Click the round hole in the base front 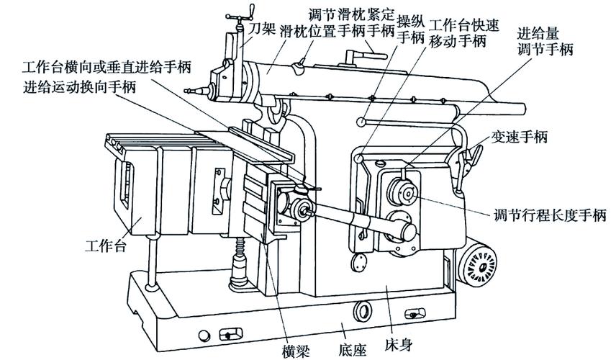pyautogui.click(x=364, y=312)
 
